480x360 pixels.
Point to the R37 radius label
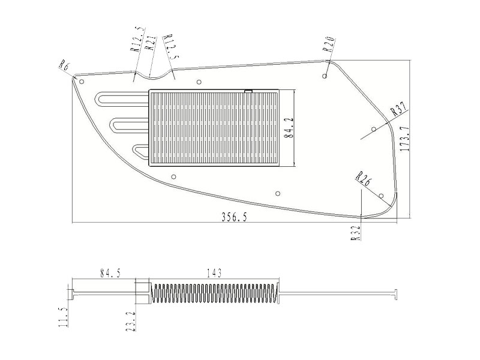[398, 109]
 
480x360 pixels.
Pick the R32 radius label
[356, 232]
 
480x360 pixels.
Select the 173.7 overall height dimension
[404, 139]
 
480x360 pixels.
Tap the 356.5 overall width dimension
[234, 217]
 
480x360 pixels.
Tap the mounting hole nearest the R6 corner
[82, 81]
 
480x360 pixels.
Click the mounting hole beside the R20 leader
[324, 76]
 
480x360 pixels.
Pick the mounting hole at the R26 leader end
[382, 196]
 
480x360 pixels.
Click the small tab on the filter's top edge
[248, 91]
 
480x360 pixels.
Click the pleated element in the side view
[214, 293]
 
